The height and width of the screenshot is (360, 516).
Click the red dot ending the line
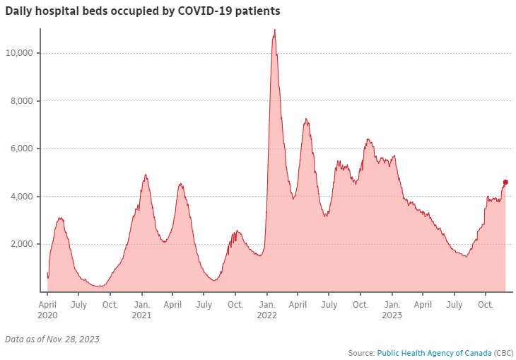tap(505, 182)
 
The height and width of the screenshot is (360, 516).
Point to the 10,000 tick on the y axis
tap(22, 53)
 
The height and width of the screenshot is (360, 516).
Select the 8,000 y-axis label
tap(24, 101)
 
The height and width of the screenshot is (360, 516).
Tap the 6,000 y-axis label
tap(24, 149)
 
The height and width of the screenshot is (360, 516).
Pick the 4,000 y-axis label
tap(24, 196)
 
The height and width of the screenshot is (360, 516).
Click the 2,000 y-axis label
tap(24, 244)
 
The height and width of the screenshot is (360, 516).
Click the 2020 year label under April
tap(47, 315)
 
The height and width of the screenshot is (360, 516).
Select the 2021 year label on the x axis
tap(141, 315)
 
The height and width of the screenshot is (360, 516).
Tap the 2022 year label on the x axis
tap(266, 315)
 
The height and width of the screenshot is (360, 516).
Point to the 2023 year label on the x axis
tap(392, 315)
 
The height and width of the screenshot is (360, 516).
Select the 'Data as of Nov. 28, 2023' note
tap(52, 339)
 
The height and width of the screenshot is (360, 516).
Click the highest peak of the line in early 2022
tap(274, 30)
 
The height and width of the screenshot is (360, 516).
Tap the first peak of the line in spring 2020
tap(61, 218)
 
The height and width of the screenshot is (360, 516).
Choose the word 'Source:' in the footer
tap(361, 352)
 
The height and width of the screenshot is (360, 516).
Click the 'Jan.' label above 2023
tap(392, 304)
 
